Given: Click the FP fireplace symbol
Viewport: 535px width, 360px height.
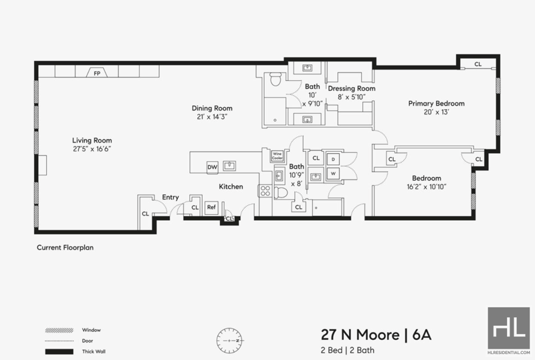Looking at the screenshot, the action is tap(97, 72).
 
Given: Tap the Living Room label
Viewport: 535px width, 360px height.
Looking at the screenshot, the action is tap(92, 141).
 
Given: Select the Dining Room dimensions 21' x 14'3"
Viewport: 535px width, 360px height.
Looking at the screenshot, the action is tap(212, 117).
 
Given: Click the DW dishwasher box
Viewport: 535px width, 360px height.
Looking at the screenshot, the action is tap(212, 167).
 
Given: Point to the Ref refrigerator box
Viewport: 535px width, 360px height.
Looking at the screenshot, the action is tap(211, 207).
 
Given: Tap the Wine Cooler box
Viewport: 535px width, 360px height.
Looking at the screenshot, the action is tap(277, 156).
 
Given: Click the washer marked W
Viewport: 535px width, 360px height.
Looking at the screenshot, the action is tap(333, 173).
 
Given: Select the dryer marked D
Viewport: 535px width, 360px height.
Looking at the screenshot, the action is tap(333, 159).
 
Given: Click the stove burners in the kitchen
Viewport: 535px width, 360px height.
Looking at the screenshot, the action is tap(265, 191).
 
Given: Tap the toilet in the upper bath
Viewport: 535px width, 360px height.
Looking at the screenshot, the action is tap(275, 79).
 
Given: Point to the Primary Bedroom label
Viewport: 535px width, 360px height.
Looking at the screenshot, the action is tap(437, 104).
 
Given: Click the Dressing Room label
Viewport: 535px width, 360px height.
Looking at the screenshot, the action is tap(352, 88).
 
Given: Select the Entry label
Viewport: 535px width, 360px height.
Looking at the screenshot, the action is tap(171, 197).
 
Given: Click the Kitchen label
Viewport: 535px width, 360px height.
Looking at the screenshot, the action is tap(231, 187).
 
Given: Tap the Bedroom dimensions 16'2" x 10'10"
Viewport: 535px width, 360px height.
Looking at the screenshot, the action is tap(427, 187).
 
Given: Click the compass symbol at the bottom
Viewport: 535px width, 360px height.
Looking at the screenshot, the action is tap(229, 341).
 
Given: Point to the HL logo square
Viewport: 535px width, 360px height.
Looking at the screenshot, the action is tap(509, 328).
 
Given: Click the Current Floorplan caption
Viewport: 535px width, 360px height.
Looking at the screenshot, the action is tap(65, 248).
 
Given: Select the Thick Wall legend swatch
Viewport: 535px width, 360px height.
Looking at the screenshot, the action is tap(60, 351).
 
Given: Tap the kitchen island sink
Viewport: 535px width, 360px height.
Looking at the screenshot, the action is tap(229, 166).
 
